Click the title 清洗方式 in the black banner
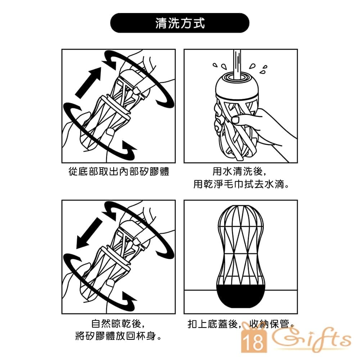click(180, 23)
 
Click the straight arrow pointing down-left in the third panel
click(89, 233)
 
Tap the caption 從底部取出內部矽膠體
click(119, 171)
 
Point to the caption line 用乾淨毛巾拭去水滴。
click(241, 184)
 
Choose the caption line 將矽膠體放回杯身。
click(118, 336)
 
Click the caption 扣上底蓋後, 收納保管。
click(241, 324)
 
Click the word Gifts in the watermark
click(312, 338)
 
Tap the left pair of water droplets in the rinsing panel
click(220, 66)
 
